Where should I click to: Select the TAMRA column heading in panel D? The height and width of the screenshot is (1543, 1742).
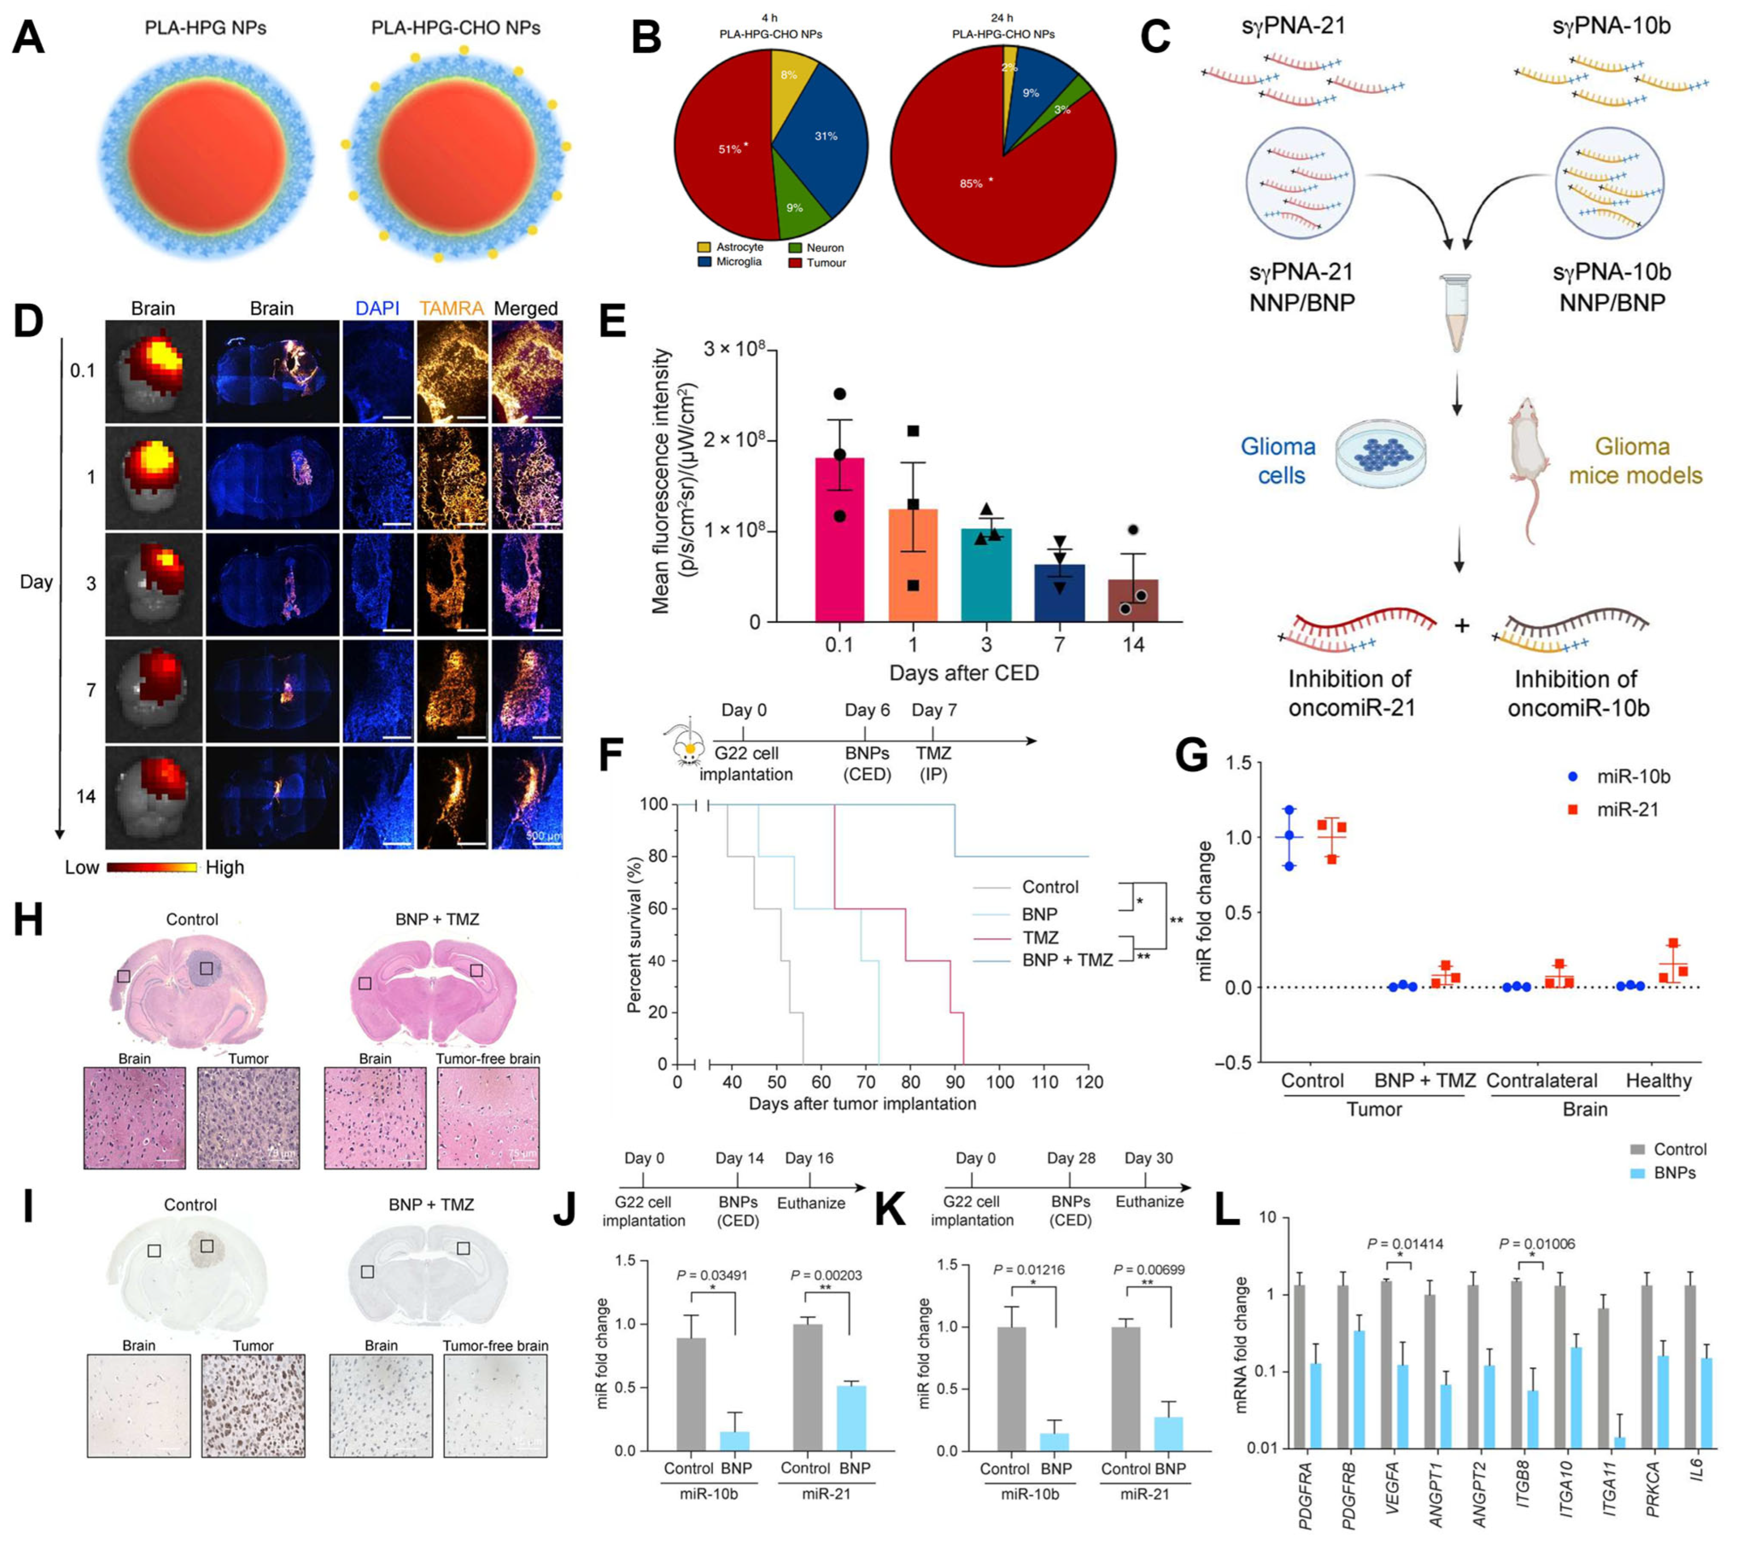[x=451, y=309]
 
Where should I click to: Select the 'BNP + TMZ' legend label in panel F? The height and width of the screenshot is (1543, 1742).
[x=1067, y=960]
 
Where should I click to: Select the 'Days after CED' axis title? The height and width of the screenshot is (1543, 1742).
[x=964, y=673]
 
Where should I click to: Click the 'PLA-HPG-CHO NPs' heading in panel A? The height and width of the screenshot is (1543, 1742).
[x=455, y=28]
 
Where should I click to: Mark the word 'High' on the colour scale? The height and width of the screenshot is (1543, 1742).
[x=225, y=867]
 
